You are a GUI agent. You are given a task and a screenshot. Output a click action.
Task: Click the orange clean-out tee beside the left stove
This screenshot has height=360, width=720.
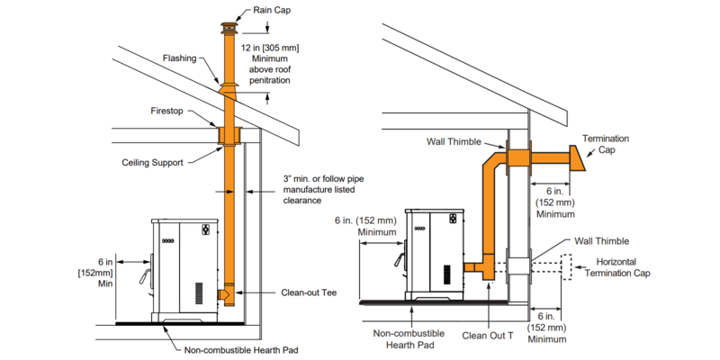[227, 293]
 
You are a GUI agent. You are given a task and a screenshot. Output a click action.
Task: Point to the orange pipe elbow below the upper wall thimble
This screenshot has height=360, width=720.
[494, 170]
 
